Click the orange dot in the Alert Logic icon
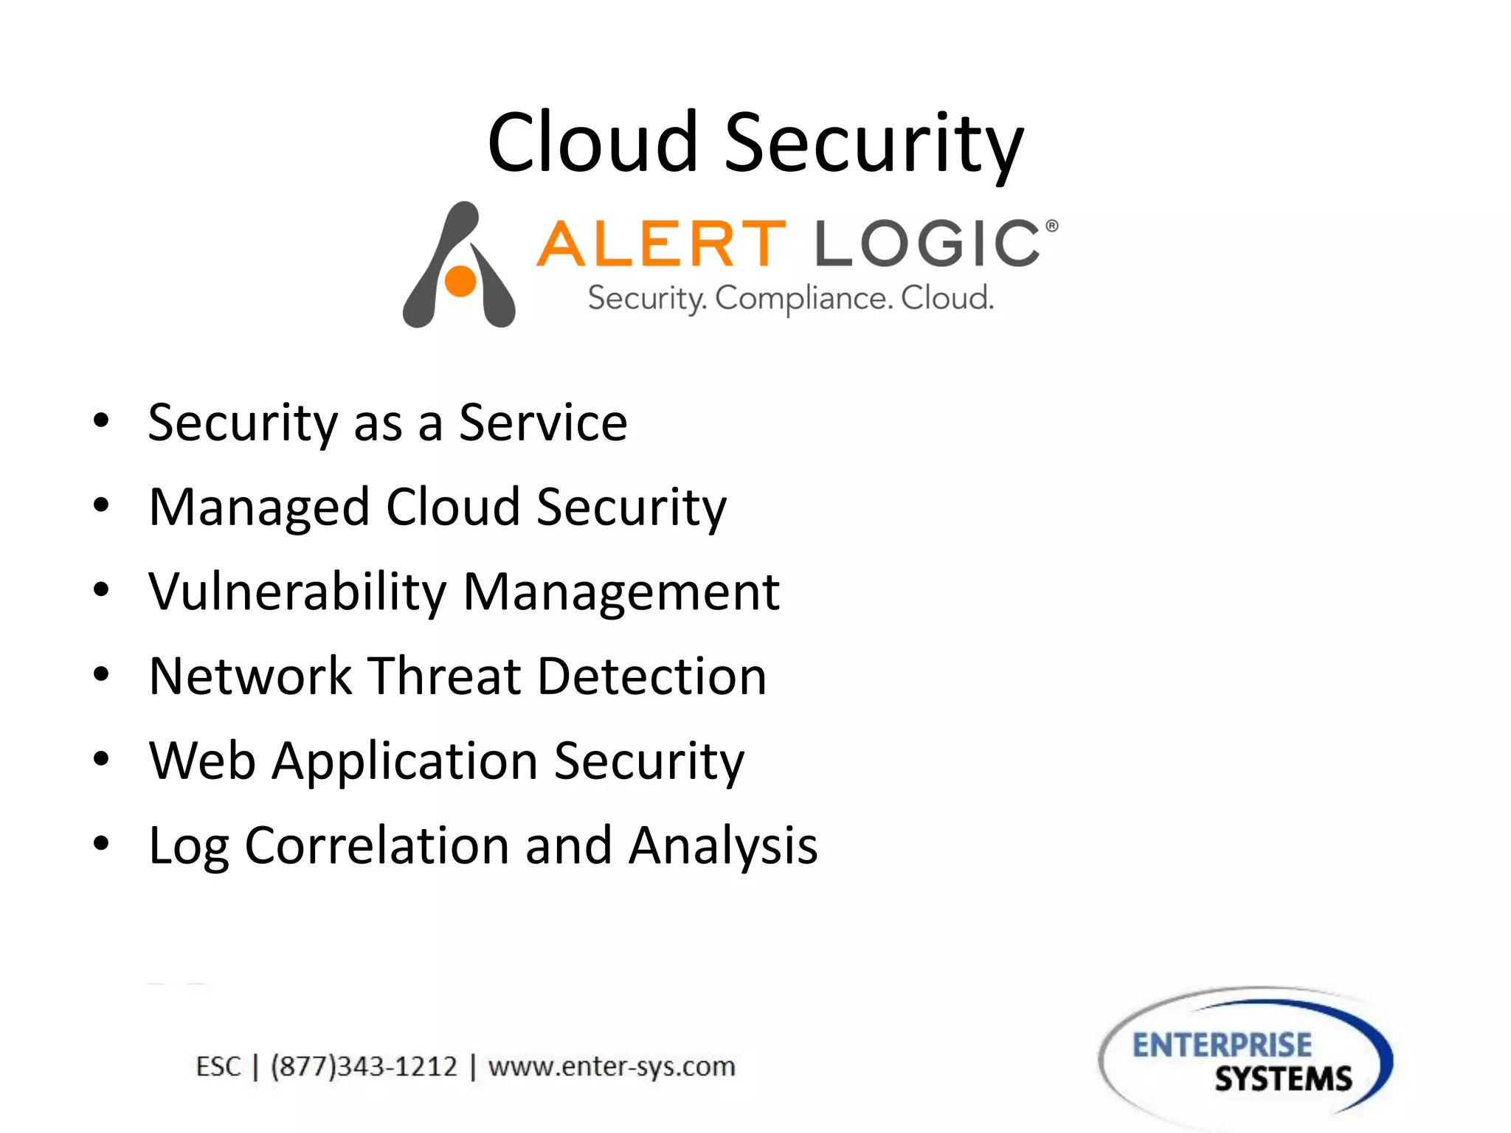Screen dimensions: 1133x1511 click(x=460, y=281)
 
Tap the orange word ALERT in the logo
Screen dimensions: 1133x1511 click(x=661, y=243)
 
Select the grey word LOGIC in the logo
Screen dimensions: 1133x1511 click(x=927, y=243)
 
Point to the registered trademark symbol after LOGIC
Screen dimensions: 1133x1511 click(x=1052, y=226)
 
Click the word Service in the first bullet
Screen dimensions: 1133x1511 click(x=543, y=423)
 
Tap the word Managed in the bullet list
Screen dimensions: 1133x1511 click(x=259, y=508)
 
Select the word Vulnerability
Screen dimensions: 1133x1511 click(x=297, y=592)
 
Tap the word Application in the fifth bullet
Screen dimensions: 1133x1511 click(x=405, y=760)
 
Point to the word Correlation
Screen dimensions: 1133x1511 click(x=376, y=845)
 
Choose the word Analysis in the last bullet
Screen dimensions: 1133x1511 click(x=723, y=845)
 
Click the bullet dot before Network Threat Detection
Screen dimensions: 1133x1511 click(x=101, y=674)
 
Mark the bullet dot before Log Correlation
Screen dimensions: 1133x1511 click(x=101, y=843)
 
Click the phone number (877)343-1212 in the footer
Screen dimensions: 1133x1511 click(x=364, y=1067)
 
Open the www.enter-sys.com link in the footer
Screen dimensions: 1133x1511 click(x=612, y=1067)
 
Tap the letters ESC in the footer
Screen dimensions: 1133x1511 click(x=218, y=1067)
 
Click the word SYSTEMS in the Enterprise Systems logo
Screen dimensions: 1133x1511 click(x=1283, y=1079)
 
